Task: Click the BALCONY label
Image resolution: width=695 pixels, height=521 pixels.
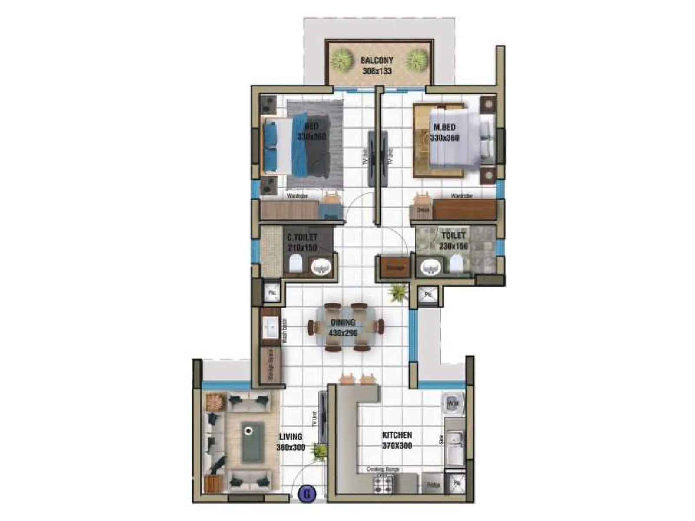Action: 377,60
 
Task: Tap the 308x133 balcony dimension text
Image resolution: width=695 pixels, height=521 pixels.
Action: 377,70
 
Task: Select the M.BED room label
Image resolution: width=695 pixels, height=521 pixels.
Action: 445,127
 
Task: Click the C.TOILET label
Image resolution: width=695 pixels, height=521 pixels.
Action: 302,237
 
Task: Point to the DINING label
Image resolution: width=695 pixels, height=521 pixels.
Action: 343,323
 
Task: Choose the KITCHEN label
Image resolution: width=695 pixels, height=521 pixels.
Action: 397,435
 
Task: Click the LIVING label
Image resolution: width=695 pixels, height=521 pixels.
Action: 291,437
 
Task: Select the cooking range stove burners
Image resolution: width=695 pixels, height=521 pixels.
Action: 383,483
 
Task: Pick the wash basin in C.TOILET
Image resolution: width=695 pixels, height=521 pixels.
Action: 321,266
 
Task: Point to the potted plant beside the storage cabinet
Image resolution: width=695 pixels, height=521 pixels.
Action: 397,292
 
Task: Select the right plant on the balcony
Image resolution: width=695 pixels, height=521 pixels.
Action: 417,60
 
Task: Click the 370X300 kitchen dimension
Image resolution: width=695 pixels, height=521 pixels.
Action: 397,445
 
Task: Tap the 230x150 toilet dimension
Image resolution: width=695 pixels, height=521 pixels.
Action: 453,246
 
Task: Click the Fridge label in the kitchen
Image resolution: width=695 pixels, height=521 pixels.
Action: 433,485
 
